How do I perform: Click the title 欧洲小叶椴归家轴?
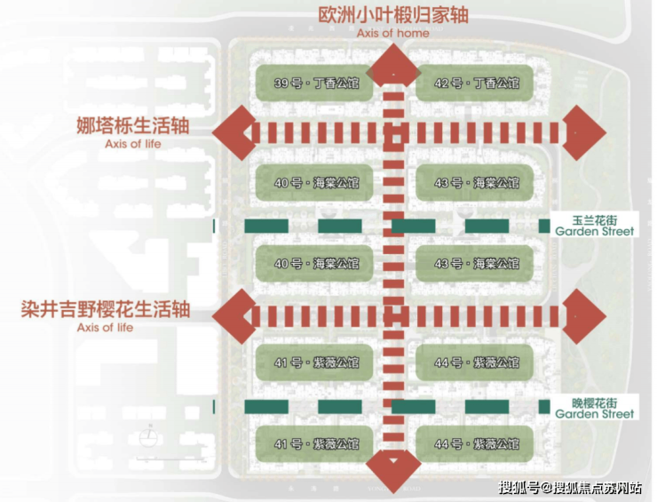click(392, 15)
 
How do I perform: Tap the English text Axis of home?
click(392, 33)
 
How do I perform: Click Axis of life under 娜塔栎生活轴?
click(133, 143)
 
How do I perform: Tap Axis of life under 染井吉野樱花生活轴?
click(106, 327)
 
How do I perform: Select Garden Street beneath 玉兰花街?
click(595, 231)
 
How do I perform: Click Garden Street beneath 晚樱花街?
click(595, 413)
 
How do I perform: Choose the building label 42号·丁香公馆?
click(476, 84)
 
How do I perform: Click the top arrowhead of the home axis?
click(393, 65)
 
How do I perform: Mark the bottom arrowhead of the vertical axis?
click(393, 469)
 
